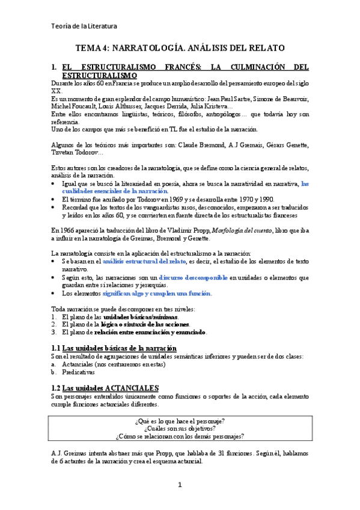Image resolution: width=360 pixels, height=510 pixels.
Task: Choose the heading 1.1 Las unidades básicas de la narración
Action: point(114,348)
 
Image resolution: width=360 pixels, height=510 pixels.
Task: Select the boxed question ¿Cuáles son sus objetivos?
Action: point(179,428)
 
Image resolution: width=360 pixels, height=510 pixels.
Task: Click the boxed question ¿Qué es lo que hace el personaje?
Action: point(179,420)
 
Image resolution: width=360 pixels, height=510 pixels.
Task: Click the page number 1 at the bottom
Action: point(180,485)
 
